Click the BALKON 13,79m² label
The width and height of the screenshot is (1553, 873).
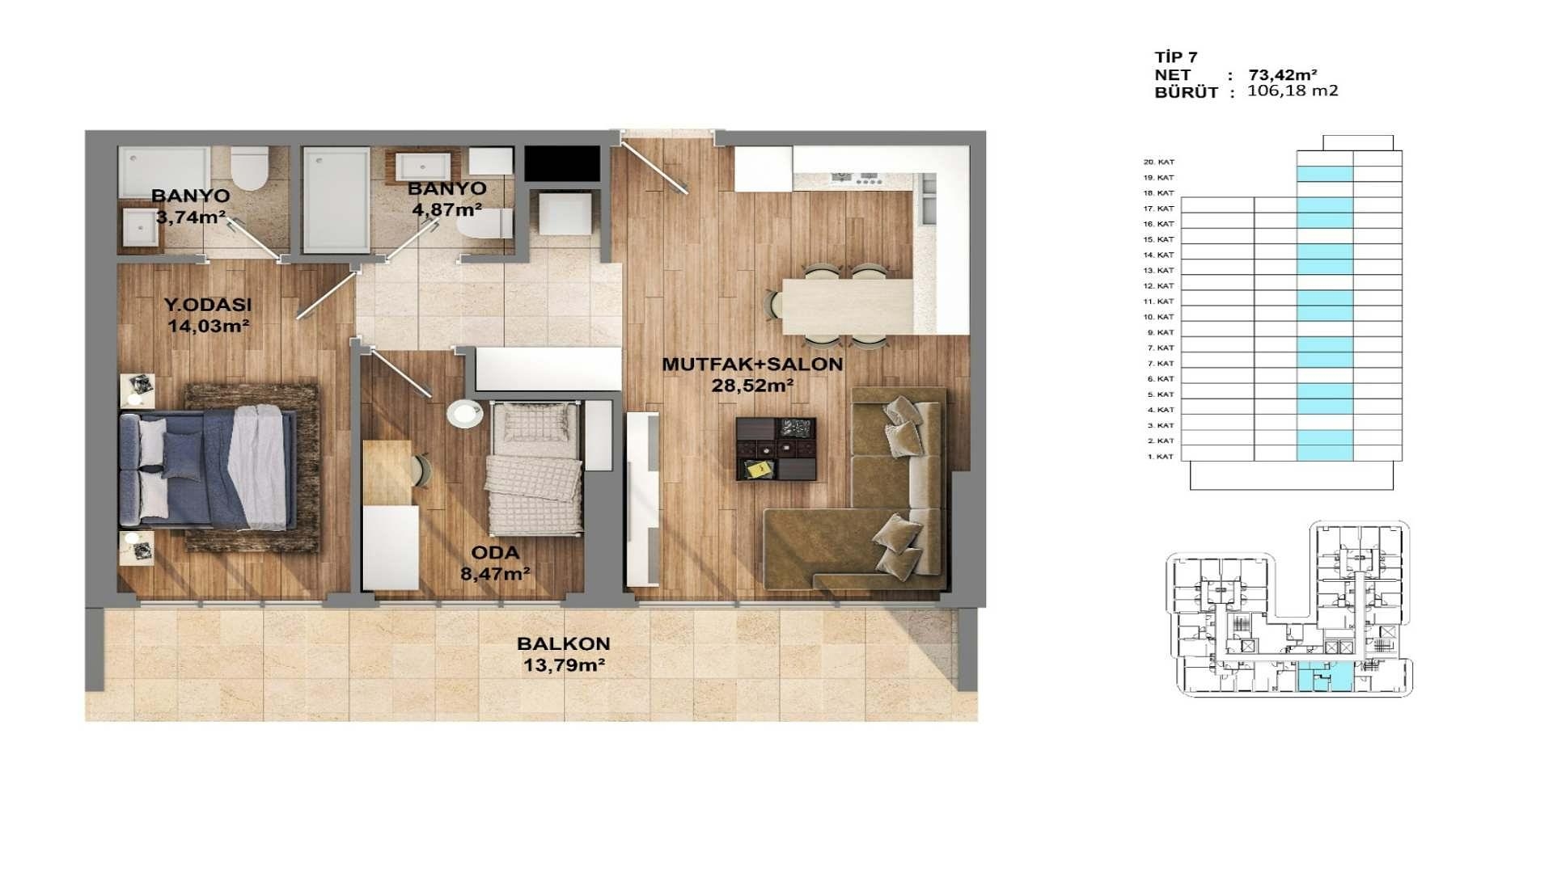(563, 655)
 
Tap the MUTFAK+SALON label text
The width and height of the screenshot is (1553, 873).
(752, 365)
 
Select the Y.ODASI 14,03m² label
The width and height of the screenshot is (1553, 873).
(208, 315)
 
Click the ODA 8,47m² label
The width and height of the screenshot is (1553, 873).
(495, 563)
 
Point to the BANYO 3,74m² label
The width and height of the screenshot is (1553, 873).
(190, 206)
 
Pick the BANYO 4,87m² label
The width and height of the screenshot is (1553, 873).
(446, 199)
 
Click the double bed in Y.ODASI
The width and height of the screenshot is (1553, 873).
(209, 469)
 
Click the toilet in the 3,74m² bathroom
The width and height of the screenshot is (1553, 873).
(249, 167)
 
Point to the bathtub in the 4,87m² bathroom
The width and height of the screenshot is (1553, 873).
(336, 200)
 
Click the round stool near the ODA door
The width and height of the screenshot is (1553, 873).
(465, 414)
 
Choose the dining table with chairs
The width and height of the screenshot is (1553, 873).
(845, 306)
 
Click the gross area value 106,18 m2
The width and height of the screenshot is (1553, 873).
(1293, 91)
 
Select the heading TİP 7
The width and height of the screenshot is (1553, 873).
(1176, 57)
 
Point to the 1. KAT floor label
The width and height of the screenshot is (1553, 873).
(1160, 457)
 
